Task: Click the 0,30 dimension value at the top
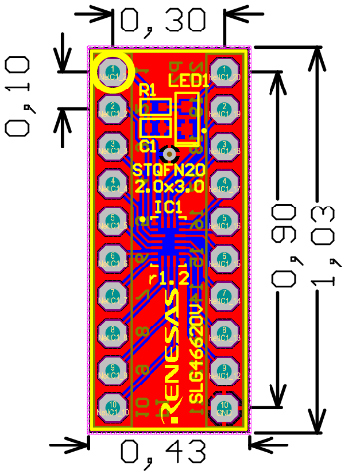162,21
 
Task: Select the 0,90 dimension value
287,246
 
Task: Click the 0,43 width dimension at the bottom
163,451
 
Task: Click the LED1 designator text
187,79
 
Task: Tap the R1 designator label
149,90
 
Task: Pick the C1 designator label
149,146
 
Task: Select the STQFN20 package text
168,169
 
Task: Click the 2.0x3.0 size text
169,186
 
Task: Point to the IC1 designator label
168,207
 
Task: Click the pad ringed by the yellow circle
112,72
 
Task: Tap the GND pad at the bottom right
225,406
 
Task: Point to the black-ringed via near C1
170,154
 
